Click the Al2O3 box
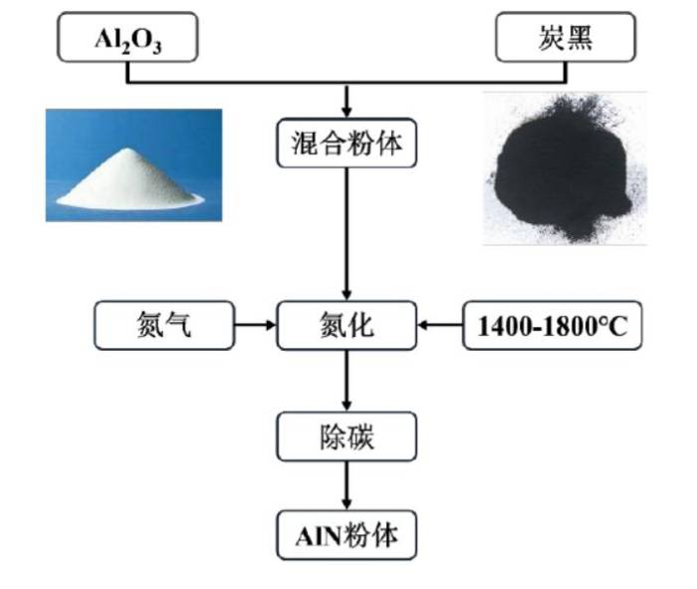pos(126,38)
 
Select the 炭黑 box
pos(565,38)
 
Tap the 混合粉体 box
pos(346,143)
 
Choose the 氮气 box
pos(163,326)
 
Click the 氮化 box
pos(346,326)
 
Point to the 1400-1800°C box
pos(552,326)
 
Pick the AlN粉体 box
pos(346,536)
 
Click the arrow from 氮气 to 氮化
pos(255,325)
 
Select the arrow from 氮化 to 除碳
pos(346,382)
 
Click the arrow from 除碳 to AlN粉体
pos(346,487)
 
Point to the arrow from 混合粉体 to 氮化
pos(346,234)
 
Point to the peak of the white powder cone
pos(130,150)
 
